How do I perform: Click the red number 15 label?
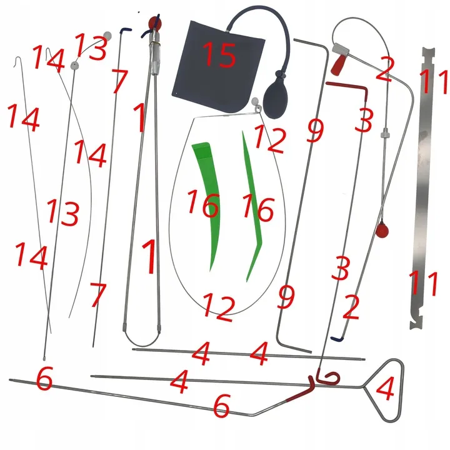(x=219, y=54)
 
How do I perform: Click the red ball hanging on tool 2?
(x=382, y=230)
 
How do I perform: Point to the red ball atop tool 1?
(x=155, y=22)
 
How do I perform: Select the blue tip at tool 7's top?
(x=126, y=29)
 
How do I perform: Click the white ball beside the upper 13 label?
(x=107, y=36)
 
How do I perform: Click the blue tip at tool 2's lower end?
(x=337, y=339)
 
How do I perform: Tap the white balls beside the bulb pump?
(x=256, y=104)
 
